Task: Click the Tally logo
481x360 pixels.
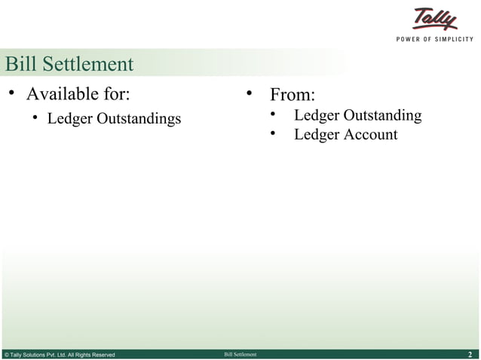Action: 435,20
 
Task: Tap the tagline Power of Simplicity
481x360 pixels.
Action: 435,39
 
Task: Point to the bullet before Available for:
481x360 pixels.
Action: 12,94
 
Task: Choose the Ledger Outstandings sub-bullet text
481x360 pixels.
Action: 114,119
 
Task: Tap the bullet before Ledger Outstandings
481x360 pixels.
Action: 35,119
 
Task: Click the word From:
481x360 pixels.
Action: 293,96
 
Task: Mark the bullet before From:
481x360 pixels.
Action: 247,95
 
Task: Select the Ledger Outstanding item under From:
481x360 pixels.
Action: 357,115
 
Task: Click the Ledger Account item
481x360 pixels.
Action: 345,135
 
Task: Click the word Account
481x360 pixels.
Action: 370,135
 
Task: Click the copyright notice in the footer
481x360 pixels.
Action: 60,354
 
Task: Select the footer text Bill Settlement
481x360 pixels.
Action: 240,354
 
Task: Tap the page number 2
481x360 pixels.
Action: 470,354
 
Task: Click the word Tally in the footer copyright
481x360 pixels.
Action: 18,354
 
